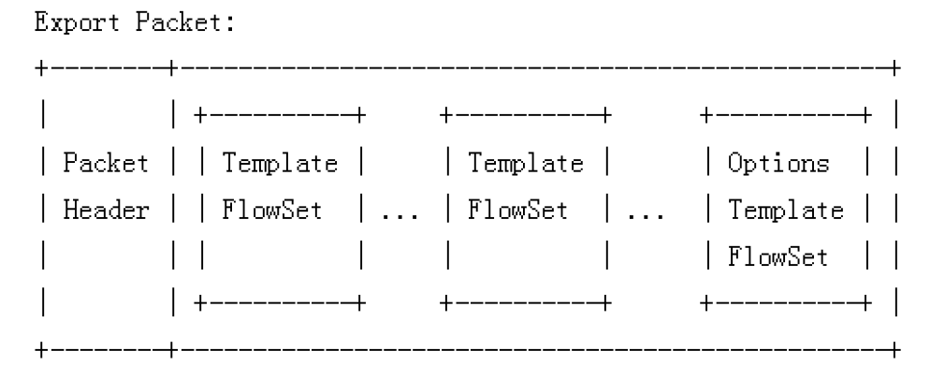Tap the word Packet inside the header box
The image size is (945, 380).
click(x=106, y=164)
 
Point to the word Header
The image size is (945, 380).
click(x=106, y=211)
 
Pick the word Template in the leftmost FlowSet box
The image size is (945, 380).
click(x=278, y=164)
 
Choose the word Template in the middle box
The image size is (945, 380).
click(x=527, y=164)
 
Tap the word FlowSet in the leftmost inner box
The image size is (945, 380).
click(x=273, y=211)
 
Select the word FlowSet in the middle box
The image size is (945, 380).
click(x=521, y=211)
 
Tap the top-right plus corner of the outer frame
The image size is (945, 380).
click(x=895, y=68)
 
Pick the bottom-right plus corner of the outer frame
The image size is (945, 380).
click(x=895, y=351)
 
